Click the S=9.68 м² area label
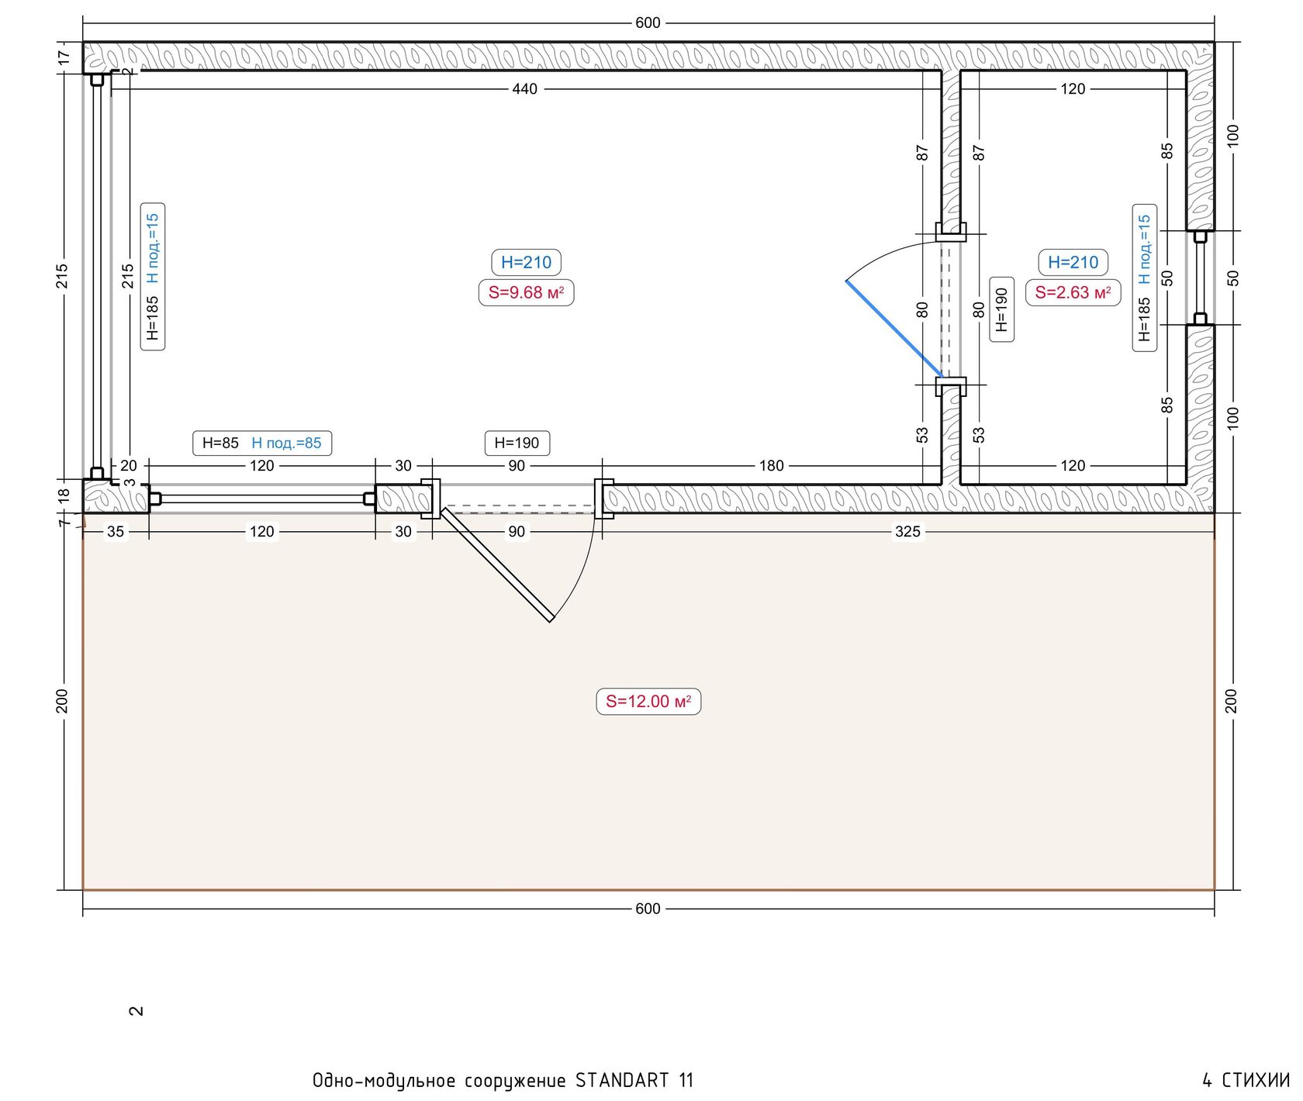point(526,292)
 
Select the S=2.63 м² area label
point(1073,292)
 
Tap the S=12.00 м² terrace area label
point(648,701)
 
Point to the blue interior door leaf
point(893,329)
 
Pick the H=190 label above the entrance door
point(517,443)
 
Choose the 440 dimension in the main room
point(524,88)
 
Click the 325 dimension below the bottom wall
point(907,531)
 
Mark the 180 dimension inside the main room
point(771,465)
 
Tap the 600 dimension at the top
point(648,22)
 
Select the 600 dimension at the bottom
point(648,908)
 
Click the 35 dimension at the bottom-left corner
point(115,531)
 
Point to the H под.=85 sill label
point(286,443)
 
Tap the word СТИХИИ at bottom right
point(1256,1080)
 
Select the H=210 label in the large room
point(526,262)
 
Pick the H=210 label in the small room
point(1073,262)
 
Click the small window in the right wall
point(1200,278)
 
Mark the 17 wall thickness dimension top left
point(64,57)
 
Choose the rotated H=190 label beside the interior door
point(1001,309)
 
